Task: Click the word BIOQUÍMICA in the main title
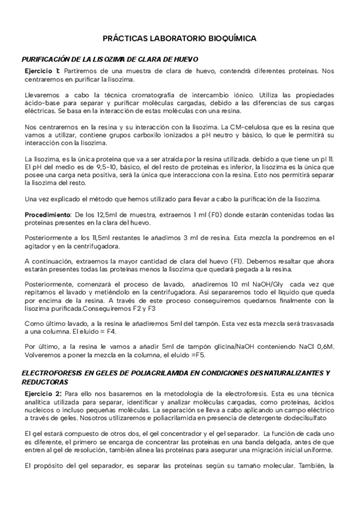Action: pyautogui.click(x=231, y=38)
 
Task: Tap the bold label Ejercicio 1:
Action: pyautogui.click(x=46, y=71)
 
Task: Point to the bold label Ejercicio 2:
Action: pyautogui.click(x=46, y=392)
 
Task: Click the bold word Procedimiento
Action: pyautogui.click(x=47, y=215)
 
